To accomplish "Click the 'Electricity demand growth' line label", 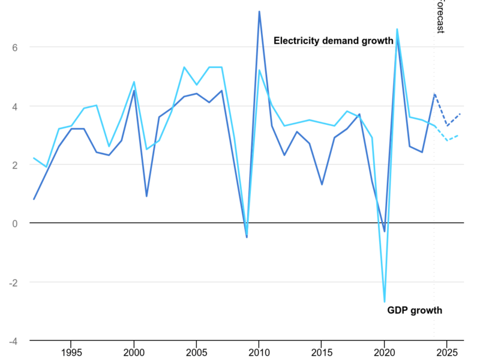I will coord(334,41).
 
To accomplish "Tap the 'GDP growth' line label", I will coord(415,310).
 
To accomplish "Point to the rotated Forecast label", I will coord(440,17).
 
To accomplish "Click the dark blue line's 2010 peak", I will coord(259,11).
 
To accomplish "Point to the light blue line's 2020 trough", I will coord(385,302).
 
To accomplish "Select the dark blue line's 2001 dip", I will coord(146,196).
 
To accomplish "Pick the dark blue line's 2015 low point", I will coord(322,184).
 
